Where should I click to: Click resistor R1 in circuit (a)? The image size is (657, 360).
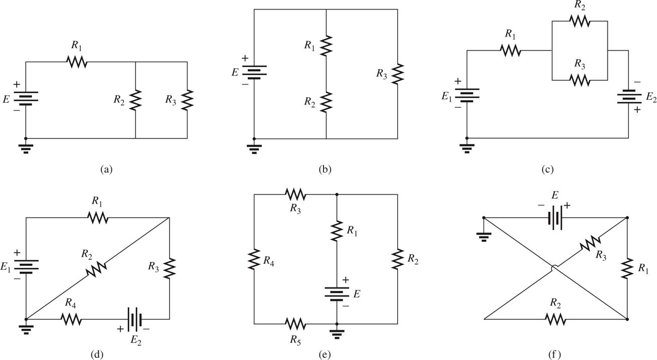point(77,62)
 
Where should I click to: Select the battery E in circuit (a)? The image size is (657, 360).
point(26,99)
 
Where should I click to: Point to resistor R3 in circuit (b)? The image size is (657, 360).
point(398,74)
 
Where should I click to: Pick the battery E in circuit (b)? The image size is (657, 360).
point(254,72)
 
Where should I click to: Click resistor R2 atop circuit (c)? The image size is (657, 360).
point(579,21)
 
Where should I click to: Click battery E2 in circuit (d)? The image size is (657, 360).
point(134,319)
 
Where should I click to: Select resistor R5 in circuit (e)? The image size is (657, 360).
point(295,324)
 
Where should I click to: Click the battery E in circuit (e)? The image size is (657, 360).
point(337,292)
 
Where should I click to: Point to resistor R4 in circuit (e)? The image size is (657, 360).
point(254,260)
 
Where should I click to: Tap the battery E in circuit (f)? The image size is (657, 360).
point(555,218)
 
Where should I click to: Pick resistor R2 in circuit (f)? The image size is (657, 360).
point(555,319)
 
